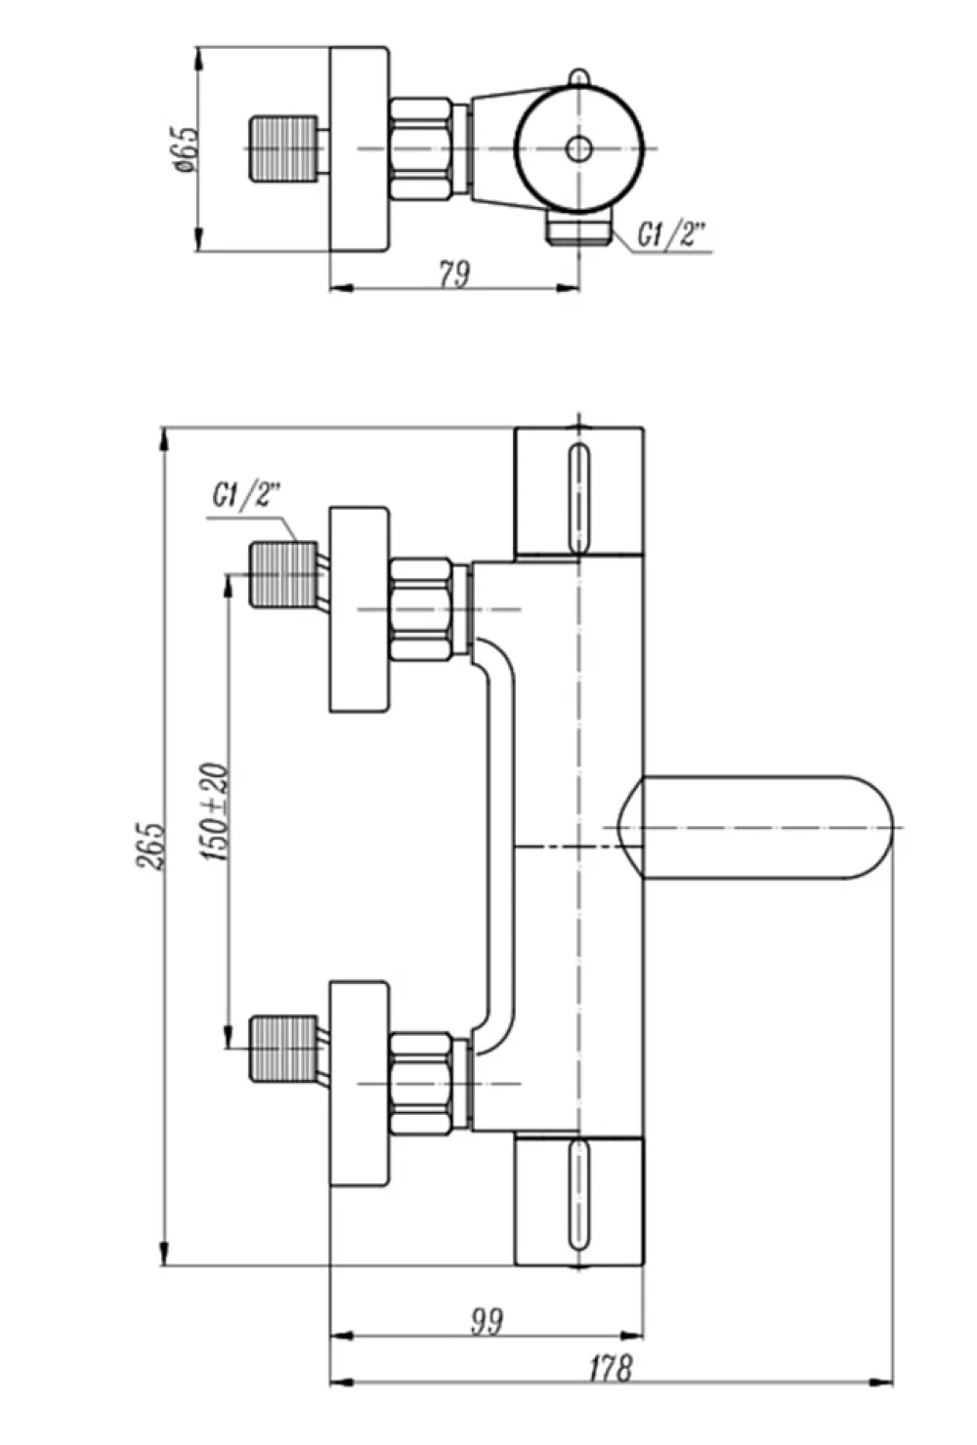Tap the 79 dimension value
coord(454,273)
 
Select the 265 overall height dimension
coord(151,846)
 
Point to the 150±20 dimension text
coord(215,811)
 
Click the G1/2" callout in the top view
coord(672,234)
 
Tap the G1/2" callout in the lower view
coord(247,497)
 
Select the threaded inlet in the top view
coord(283,149)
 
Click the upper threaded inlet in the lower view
coord(283,574)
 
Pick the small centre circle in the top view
coord(578,149)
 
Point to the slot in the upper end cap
coord(578,498)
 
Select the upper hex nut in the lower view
coord(421,609)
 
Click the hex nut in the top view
coord(421,149)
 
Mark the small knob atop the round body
coord(578,76)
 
